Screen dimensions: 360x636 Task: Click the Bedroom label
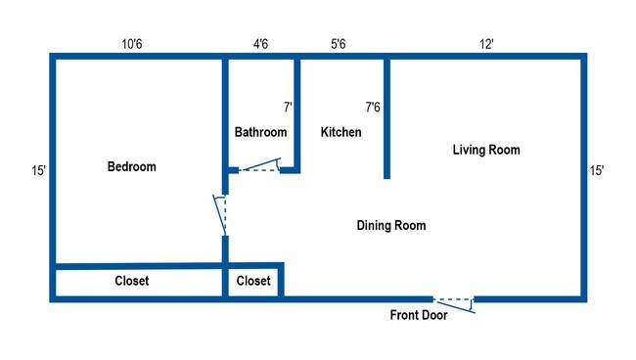pyautogui.click(x=131, y=167)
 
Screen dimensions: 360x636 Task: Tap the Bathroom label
pyautogui.click(x=260, y=132)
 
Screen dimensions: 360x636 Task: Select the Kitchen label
pyautogui.click(x=341, y=132)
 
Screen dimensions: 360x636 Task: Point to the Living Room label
pyautogui.click(x=485, y=150)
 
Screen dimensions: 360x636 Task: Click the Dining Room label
pyautogui.click(x=390, y=226)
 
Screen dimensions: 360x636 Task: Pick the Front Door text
pyautogui.click(x=419, y=315)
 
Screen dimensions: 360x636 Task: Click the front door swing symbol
pyautogui.click(x=454, y=303)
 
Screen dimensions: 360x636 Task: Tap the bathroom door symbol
pyautogui.click(x=259, y=167)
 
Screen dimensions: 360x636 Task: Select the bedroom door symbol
pyautogui.click(x=221, y=212)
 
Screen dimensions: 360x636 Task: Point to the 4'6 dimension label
pyautogui.click(x=259, y=44)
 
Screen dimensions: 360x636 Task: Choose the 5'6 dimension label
pyautogui.click(x=340, y=44)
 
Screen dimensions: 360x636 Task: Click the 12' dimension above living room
pyautogui.click(x=485, y=44)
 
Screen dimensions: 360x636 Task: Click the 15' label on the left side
pyautogui.click(x=38, y=170)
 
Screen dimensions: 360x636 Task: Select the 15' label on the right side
pyautogui.click(x=596, y=170)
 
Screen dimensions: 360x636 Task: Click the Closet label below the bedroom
pyautogui.click(x=132, y=281)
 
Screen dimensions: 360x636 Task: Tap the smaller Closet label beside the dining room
pyautogui.click(x=253, y=281)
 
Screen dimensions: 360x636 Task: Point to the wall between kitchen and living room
pyautogui.click(x=387, y=117)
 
